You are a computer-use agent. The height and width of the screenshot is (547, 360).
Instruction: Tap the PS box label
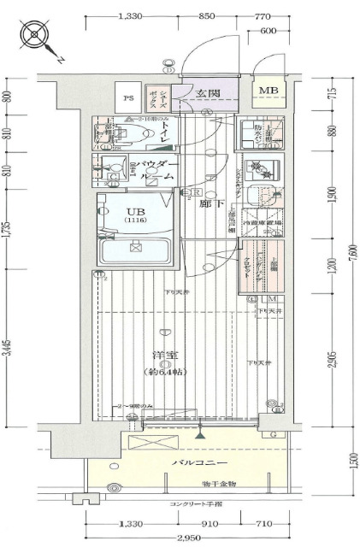point(129,98)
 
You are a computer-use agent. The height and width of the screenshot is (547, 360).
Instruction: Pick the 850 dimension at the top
point(206,15)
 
